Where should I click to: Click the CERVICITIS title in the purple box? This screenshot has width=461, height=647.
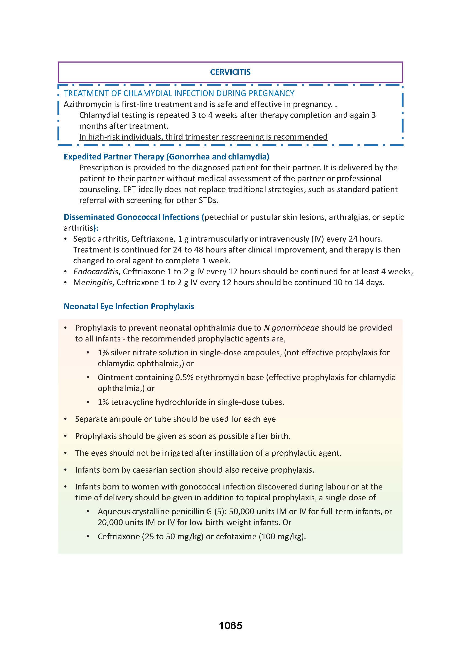coord(230,72)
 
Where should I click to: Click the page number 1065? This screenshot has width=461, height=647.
coord(230,626)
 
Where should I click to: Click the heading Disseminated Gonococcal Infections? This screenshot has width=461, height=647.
coord(132,217)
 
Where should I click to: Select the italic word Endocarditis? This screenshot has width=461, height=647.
coord(96,272)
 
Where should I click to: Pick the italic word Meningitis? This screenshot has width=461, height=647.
coord(93,282)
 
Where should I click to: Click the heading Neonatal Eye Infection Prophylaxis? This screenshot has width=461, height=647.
coord(129,306)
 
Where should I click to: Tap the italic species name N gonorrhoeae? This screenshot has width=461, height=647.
coord(291,328)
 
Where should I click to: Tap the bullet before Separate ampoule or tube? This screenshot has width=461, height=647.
coord(66,419)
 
